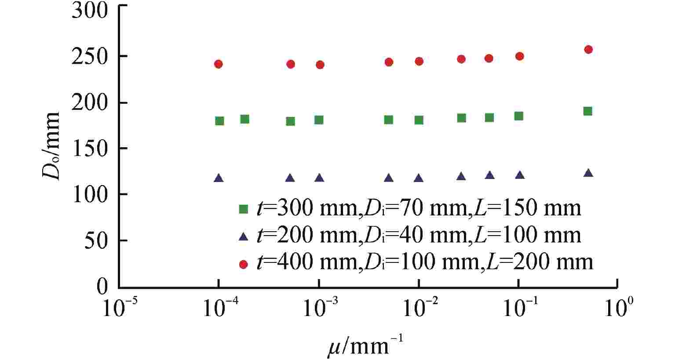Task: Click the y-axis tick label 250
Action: click(89, 56)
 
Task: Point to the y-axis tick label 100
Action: click(89, 194)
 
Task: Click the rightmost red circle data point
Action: click(588, 49)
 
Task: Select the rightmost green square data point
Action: click(587, 111)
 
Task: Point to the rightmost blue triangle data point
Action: click(588, 173)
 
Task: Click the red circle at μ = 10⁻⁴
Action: click(219, 64)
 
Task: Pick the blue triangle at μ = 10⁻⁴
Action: click(219, 178)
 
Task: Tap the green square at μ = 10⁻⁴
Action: click(219, 121)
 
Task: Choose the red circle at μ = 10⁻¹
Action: click(519, 56)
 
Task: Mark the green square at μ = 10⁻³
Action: click(319, 120)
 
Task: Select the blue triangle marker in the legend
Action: click(243, 237)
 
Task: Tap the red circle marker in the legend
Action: click(243, 264)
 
